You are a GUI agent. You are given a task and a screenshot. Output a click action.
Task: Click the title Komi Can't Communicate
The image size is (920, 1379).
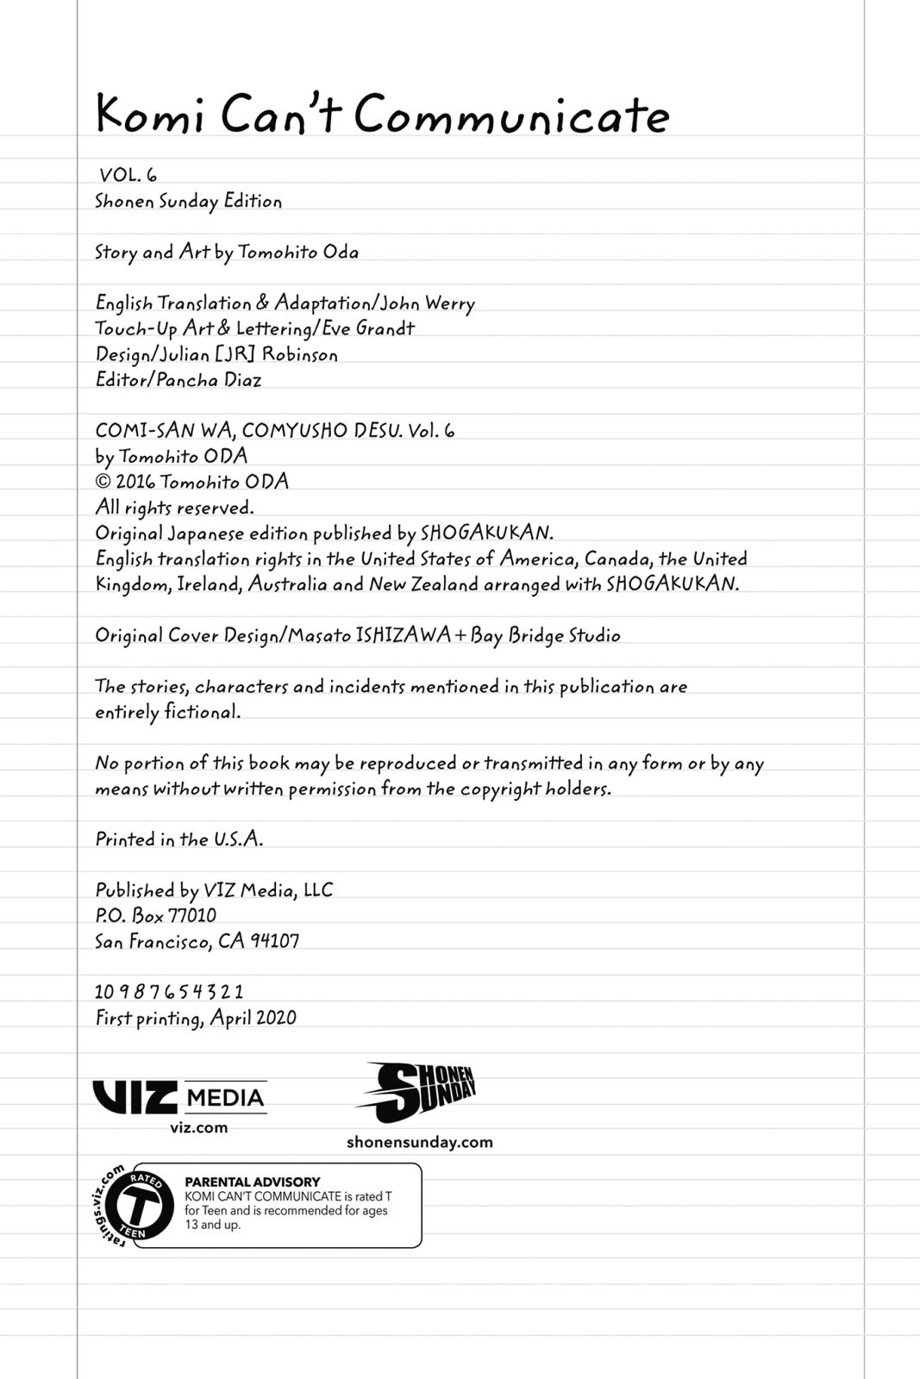point(382,115)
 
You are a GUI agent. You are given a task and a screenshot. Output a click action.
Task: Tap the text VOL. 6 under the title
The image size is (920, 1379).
point(128,175)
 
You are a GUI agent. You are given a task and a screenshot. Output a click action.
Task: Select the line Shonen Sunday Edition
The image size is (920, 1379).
point(188,202)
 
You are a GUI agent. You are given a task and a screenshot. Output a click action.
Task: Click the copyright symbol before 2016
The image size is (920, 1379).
point(103,482)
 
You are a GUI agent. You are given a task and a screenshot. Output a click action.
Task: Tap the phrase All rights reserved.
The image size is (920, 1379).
point(174,508)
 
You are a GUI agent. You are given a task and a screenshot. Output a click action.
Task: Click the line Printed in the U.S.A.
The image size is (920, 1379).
point(178,839)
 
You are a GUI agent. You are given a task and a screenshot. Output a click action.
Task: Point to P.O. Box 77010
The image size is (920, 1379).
point(155,915)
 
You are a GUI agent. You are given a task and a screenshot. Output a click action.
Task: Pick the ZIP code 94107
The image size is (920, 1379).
point(274,941)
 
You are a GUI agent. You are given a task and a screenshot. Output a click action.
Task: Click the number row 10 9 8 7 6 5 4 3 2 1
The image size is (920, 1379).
point(169,992)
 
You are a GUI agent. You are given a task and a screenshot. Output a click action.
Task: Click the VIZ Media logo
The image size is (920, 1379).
point(179,1097)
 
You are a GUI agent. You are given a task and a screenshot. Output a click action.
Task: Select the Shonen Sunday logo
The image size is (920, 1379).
point(416,1092)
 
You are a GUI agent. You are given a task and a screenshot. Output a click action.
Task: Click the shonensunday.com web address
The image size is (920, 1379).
point(419,1142)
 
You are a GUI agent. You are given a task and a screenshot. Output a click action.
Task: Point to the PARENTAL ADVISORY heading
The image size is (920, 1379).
point(252,1182)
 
